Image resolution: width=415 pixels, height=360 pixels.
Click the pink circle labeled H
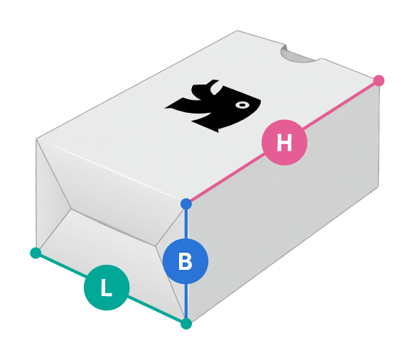(284, 142)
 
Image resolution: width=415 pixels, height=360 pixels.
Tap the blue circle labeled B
(185, 261)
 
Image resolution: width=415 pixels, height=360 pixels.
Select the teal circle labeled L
(107, 288)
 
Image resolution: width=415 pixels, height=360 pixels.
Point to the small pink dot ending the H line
(379, 80)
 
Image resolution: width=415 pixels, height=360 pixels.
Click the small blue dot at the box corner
(186, 204)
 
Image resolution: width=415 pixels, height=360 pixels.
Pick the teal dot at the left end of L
(36, 253)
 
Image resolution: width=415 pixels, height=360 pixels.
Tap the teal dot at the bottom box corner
(186, 324)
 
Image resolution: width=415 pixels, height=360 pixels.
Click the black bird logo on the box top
(212, 106)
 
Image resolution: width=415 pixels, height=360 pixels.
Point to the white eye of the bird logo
(242, 105)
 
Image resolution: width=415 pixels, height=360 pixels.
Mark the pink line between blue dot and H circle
(227, 178)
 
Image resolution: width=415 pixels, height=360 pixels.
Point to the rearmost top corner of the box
(237, 31)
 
